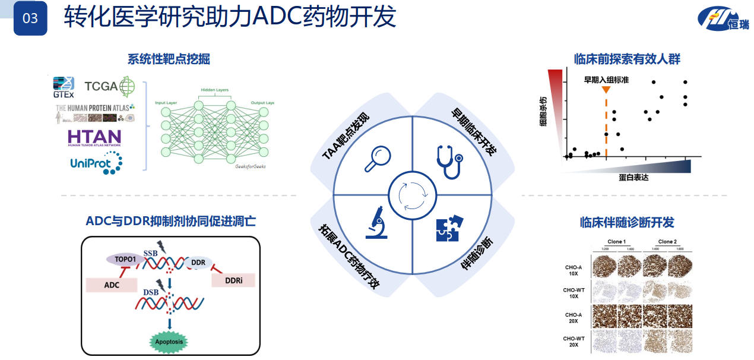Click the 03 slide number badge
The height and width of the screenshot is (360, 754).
30,18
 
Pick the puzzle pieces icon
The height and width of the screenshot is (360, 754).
449,228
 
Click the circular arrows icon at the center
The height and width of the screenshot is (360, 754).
413,194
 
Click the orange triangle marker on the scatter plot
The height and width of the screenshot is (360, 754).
606,90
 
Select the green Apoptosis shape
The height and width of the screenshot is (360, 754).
169,342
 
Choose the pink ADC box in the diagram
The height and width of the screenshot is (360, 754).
112,285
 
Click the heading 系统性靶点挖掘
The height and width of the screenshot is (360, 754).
169,59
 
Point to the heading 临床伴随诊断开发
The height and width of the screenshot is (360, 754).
627,223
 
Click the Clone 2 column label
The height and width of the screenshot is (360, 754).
667,242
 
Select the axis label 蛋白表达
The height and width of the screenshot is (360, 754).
632,178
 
